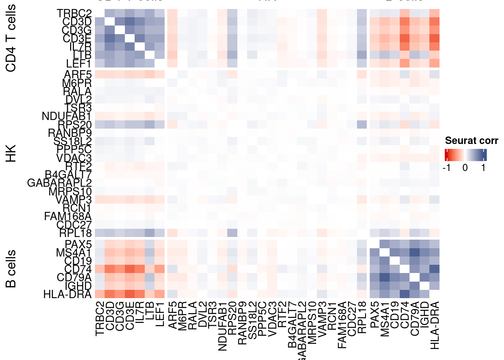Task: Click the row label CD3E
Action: coord(77,39)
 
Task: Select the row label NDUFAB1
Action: coord(66,116)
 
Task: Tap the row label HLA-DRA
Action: coord(67,294)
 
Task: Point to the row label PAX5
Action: coord(78,245)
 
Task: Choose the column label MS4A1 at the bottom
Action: coord(385,319)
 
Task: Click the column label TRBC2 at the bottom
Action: coord(99,318)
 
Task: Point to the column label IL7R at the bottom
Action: coord(139,315)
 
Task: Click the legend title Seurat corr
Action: coord(471,141)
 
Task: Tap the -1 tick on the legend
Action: coord(446,168)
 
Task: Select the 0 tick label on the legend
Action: coord(465,168)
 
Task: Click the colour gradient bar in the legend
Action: coord(465,155)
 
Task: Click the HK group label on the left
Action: coord(11,153)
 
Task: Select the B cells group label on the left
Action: coord(11,268)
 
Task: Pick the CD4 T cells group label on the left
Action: coord(11,38)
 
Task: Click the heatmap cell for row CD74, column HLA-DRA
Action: coord(434,269)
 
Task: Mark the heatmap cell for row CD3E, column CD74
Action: coord(405,39)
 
